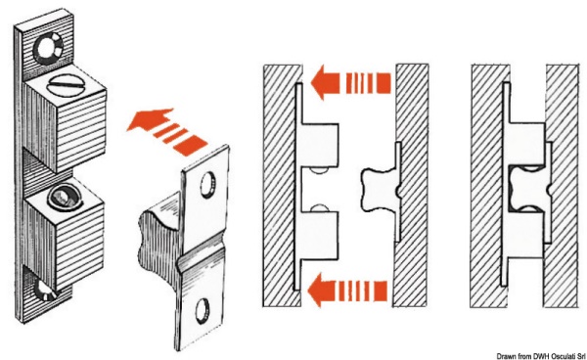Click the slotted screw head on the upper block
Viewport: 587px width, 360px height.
click(x=66, y=86)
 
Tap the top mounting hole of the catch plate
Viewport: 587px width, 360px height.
click(x=48, y=48)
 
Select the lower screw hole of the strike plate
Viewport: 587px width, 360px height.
click(x=203, y=310)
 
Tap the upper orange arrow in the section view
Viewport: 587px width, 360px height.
click(x=351, y=82)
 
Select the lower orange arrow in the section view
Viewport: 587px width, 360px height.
click(x=347, y=291)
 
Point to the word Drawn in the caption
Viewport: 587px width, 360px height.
click(x=506, y=355)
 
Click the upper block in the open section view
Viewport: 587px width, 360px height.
click(x=320, y=145)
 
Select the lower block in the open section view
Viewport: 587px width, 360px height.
click(x=320, y=234)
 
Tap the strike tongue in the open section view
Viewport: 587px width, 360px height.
click(x=379, y=190)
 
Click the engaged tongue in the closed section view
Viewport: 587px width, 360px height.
click(x=528, y=190)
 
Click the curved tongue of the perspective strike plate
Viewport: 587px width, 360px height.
click(x=159, y=229)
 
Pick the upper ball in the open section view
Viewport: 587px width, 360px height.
click(x=319, y=170)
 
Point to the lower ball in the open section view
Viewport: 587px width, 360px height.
click(x=320, y=208)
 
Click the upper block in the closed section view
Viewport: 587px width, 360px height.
click(x=526, y=144)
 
